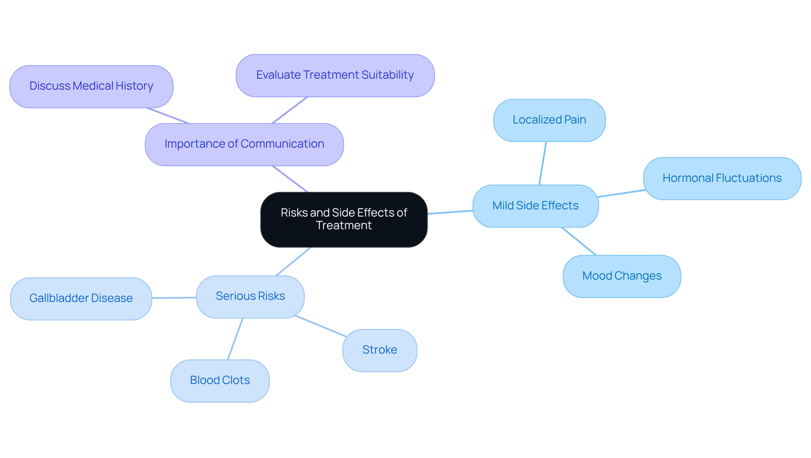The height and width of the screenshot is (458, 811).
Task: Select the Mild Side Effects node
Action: (x=535, y=206)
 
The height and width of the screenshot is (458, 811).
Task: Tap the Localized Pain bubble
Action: (x=549, y=120)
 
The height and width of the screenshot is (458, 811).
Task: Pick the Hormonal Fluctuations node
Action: (x=721, y=178)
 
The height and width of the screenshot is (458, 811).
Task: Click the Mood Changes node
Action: (x=621, y=276)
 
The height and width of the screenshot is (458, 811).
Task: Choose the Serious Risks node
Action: (x=250, y=296)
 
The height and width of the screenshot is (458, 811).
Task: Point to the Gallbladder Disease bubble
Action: (x=81, y=299)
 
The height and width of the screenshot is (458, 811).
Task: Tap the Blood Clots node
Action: (x=220, y=381)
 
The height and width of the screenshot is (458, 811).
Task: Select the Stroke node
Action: (x=379, y=350)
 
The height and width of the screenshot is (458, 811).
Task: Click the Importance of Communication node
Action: (x=244, y=144)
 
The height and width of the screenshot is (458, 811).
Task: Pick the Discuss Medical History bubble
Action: (x=91, y=86)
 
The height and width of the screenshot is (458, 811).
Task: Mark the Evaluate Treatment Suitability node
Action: (x=335, y=75)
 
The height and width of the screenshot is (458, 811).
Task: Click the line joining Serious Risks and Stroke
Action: (x=321, y=326)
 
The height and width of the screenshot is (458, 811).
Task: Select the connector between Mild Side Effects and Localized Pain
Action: (x=543, y=163)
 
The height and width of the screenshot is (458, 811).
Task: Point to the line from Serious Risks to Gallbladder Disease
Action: (x=174, y=298)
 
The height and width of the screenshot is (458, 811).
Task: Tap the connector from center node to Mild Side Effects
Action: (x=450, y=212)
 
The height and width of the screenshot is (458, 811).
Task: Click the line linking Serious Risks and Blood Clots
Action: (x=235, y=339)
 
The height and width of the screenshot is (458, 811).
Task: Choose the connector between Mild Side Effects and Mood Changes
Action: (x=579, y=241)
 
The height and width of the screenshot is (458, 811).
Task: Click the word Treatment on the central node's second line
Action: (x=343, y=225)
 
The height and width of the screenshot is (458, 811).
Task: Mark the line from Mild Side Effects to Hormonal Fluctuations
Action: (x=621, y=194)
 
